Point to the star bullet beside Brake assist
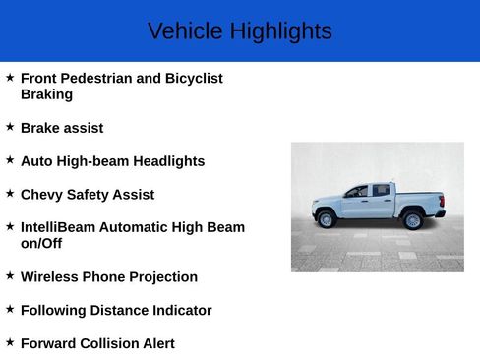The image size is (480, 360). click(x=10, y=127)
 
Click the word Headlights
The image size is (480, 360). click(x=168, y=161)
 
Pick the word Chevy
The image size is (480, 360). click(x=40, y=195)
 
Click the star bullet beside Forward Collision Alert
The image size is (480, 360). click(x=10, y=342)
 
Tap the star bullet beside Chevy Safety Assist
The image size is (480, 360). click(x=10, y=194)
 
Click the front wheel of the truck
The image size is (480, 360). click(x=327, y=218)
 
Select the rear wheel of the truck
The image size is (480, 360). click(x=413, y=219)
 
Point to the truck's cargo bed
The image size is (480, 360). click(x=418, y=200)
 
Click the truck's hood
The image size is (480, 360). click(x=328, y=200)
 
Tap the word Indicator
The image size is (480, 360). click(x=182, y=310)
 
